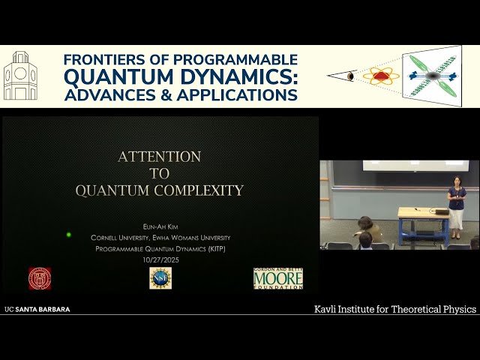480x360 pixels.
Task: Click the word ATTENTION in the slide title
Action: point(159,157)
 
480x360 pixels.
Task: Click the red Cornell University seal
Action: point(40,277)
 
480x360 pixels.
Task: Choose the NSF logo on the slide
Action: point(160,277)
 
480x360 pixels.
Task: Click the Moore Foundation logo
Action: point(277,277)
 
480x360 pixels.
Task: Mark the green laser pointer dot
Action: point(69,235)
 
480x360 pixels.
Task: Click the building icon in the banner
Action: point(20,76)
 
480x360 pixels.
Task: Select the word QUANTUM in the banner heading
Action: point(120,77)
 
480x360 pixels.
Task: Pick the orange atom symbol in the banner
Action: point(381,76)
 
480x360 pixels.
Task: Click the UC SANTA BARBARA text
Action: point(37,309)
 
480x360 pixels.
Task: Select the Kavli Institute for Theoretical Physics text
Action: point(394,309)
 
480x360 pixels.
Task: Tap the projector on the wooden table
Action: point(442,211)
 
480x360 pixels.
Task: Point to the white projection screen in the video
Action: point(405,165)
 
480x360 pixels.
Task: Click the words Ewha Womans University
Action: point(196,238)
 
